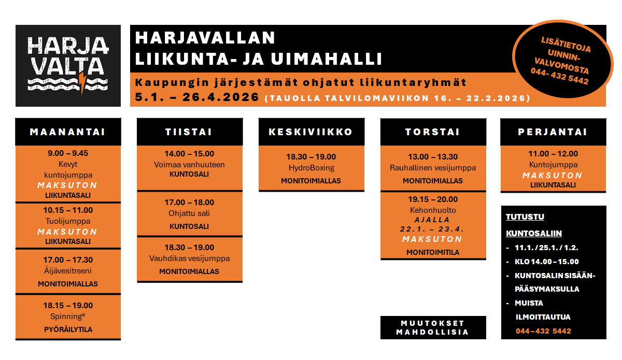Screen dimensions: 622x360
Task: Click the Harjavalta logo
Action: [68, 65]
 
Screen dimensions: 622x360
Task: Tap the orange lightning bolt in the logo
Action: [82, 83]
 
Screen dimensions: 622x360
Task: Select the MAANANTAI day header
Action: [68, 132]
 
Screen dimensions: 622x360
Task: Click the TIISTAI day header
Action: [189, 132]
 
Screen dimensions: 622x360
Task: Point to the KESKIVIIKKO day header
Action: [311, 132]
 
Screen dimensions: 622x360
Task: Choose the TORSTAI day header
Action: [433, 132]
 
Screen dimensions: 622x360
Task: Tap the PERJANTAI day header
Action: [553, 132]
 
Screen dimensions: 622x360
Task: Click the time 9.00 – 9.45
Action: [68, 153]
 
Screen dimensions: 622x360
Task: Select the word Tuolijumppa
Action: [68, 221]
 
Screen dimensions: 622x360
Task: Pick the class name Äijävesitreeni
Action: [68, 271]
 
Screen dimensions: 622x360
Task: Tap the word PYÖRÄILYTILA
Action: [68, 329]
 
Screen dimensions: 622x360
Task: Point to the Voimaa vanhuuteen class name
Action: [189, 165]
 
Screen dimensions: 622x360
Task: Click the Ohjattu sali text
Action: [189, 213]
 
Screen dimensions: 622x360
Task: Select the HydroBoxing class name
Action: [311, 168]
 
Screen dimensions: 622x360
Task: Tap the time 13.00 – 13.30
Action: [433, 157]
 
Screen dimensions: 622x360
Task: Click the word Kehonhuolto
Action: [433, 210]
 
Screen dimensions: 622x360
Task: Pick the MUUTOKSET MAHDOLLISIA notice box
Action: [433, 327]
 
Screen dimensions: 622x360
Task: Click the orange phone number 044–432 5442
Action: [543, 331]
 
